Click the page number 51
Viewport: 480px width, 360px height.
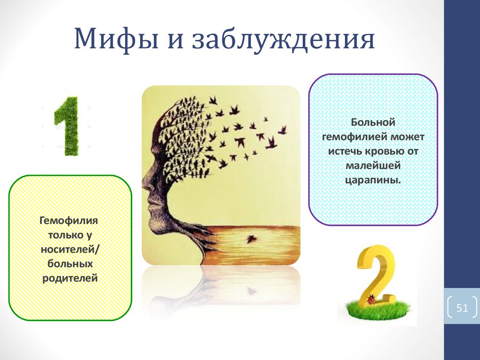[x=462, y=308]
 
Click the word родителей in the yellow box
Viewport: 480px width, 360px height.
[x=70, y=278]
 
